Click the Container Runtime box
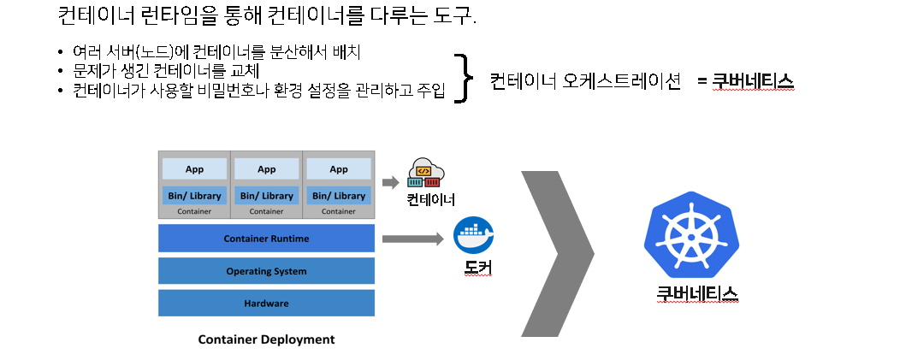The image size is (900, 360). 266,238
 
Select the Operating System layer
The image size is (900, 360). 266,271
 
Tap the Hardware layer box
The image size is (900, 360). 266,304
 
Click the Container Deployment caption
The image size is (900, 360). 266,339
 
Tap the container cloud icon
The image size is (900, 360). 427,173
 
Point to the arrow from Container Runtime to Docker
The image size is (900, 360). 413,239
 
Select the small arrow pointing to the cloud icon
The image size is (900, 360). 390,181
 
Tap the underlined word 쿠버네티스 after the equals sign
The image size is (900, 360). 753,81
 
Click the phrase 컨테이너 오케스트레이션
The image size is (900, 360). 585,81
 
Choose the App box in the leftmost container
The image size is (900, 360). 194,168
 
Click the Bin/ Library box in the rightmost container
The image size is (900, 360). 339,196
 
